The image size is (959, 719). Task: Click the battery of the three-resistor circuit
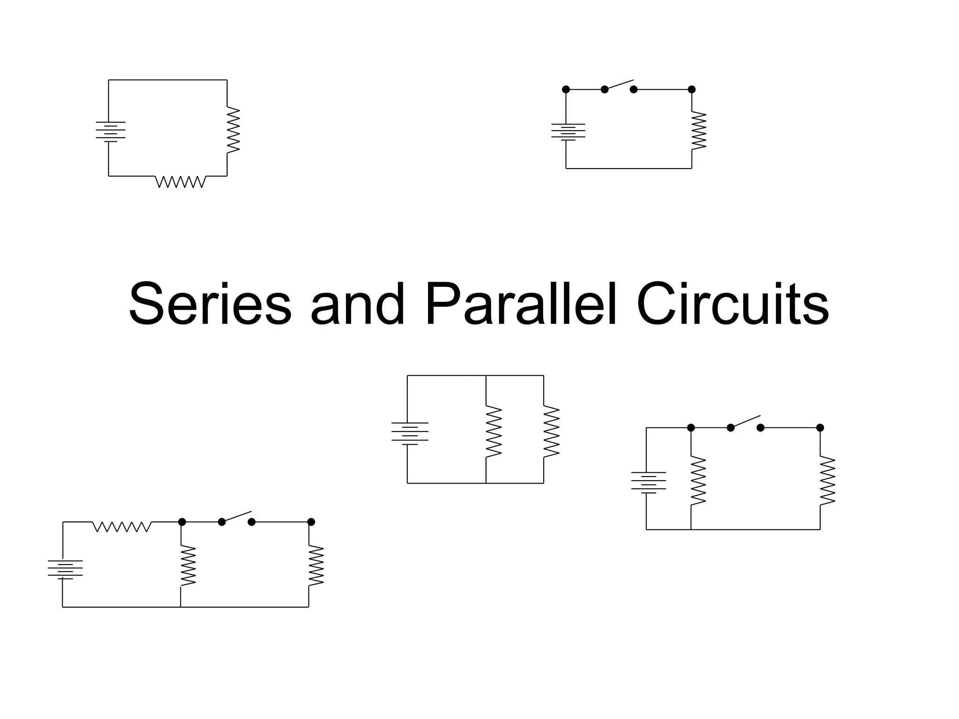click(x=65, y=570)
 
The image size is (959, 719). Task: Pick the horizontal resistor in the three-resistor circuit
click(x=122, y=527)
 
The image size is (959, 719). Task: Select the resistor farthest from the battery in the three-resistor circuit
click(x=316, y=565)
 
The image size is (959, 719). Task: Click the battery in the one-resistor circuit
click(x=568, y=132)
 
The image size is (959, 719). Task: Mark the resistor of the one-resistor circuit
click(x=698, y=131)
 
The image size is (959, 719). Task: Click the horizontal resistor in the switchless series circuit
click(x=180, y=182)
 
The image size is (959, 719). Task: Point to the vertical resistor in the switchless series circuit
click(x=233, y=130)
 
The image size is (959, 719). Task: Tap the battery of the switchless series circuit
click(x=111, y=132)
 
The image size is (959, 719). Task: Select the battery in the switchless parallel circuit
click(x=410, y=433)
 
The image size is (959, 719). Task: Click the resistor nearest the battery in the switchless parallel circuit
click(x=494, y=431)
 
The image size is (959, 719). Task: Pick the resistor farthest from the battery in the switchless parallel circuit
click(x=551, y=431)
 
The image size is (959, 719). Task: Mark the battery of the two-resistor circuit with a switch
click(x=649, y=482)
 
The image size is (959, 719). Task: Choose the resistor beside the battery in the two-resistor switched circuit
click(x=698, y=481)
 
